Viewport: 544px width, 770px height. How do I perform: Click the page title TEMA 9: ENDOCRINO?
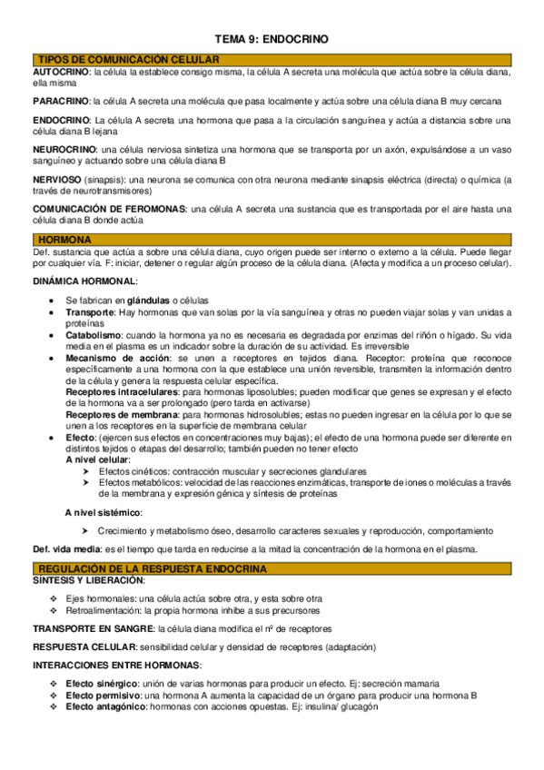tap(272, 39)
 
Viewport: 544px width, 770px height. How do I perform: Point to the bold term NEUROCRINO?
tap(64, 149)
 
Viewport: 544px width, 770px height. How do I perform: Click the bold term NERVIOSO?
tap(57, 180)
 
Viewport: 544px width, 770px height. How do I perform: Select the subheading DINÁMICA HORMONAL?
tap(84, 282)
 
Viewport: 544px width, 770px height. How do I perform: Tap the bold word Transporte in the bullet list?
tap(90, 311)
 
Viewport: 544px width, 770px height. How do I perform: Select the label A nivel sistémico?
tap(104, 513)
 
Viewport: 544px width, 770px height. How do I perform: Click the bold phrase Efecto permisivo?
tap(104, 695)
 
